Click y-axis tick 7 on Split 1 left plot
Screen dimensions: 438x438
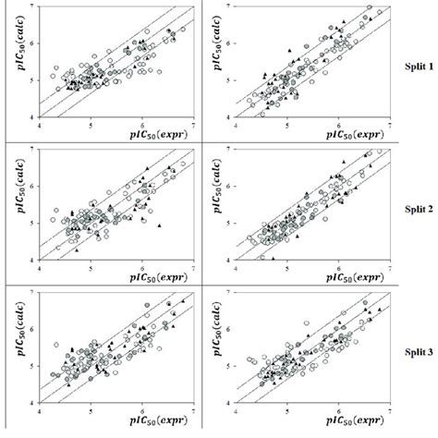pos(34,7)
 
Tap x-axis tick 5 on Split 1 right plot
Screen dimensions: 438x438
pos(287,123)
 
